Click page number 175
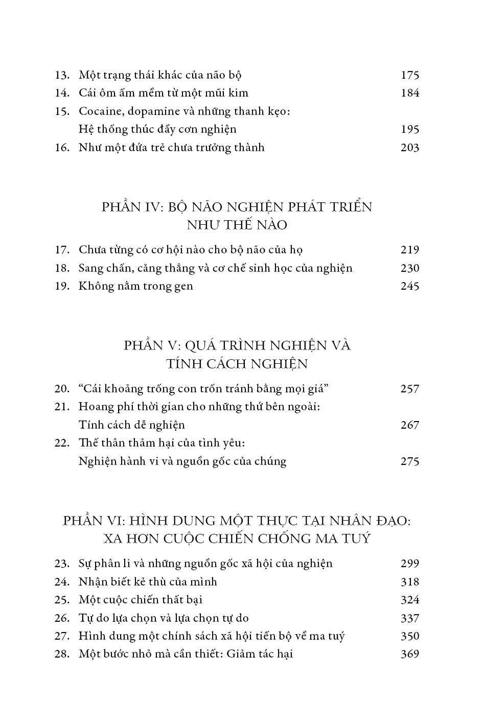click(410, 75)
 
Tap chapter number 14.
click(62, 93)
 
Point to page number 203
click(410, 148)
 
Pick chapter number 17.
click(62, 250)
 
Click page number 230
click(410, 268)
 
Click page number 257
click(410, 389)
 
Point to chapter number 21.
click(62, 407)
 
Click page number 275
click(410, 461)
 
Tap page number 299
click(410, 564)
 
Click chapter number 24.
click(62, 582)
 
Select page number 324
click(410, 600)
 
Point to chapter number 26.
click(62, 618)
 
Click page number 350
click(410, 636)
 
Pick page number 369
click(410, 654)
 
